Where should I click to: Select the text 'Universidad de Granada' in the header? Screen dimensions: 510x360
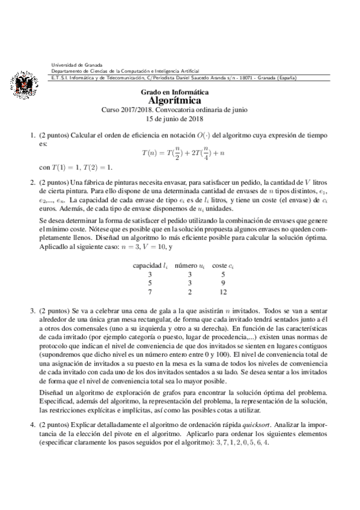coord(77,64)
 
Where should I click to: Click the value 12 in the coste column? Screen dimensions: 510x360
coord(223,293)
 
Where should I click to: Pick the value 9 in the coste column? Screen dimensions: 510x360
coord(223,283)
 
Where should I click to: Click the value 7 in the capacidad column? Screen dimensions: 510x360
coord(150,293)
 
